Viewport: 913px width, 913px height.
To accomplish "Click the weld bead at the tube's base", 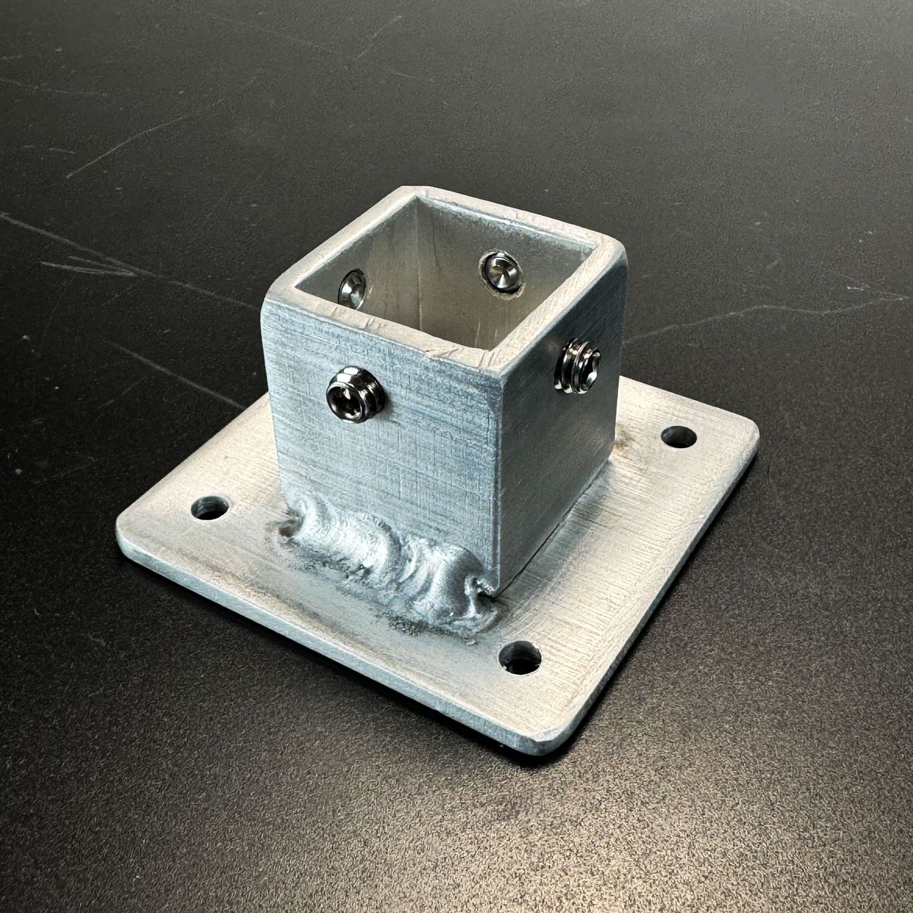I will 390,560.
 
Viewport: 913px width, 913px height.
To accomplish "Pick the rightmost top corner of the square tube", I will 621,247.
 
